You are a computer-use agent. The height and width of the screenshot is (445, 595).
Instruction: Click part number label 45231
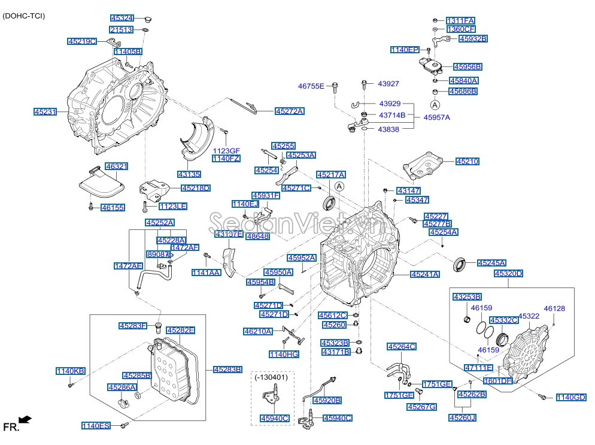45,112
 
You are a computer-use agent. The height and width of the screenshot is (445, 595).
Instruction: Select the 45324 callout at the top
122,19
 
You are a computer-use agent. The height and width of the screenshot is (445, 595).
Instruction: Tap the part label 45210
467,162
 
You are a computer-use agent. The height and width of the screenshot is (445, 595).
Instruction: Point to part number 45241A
424,274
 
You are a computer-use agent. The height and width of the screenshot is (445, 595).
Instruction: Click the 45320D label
508,274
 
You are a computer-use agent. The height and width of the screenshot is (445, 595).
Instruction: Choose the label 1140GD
572,397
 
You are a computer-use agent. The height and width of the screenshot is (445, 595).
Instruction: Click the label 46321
117,166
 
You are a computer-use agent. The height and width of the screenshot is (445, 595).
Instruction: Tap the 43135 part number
189,174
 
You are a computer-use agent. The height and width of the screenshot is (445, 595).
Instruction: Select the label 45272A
289,111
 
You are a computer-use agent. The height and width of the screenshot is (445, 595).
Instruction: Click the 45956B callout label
467,66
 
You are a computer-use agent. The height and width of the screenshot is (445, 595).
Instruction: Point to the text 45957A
437,117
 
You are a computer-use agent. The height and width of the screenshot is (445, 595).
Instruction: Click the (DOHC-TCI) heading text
23,15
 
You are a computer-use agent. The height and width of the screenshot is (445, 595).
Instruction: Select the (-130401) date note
271,378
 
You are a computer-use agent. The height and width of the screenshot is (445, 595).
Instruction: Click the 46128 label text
554,309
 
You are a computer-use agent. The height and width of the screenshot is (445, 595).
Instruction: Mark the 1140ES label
96,426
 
